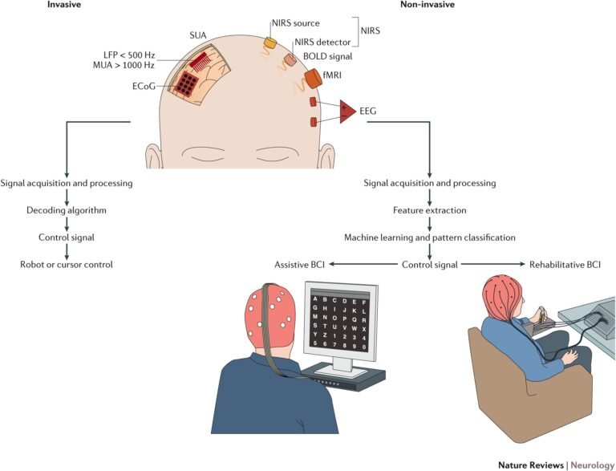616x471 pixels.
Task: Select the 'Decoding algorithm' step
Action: click(x=66, y=211)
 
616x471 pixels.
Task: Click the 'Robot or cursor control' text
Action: click(x=66, y=264)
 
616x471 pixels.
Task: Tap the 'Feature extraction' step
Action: click(x=430, y=210)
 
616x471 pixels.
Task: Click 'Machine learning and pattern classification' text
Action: click(x=430, y=238)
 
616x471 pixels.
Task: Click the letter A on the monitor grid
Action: click(x=318, y=301)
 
